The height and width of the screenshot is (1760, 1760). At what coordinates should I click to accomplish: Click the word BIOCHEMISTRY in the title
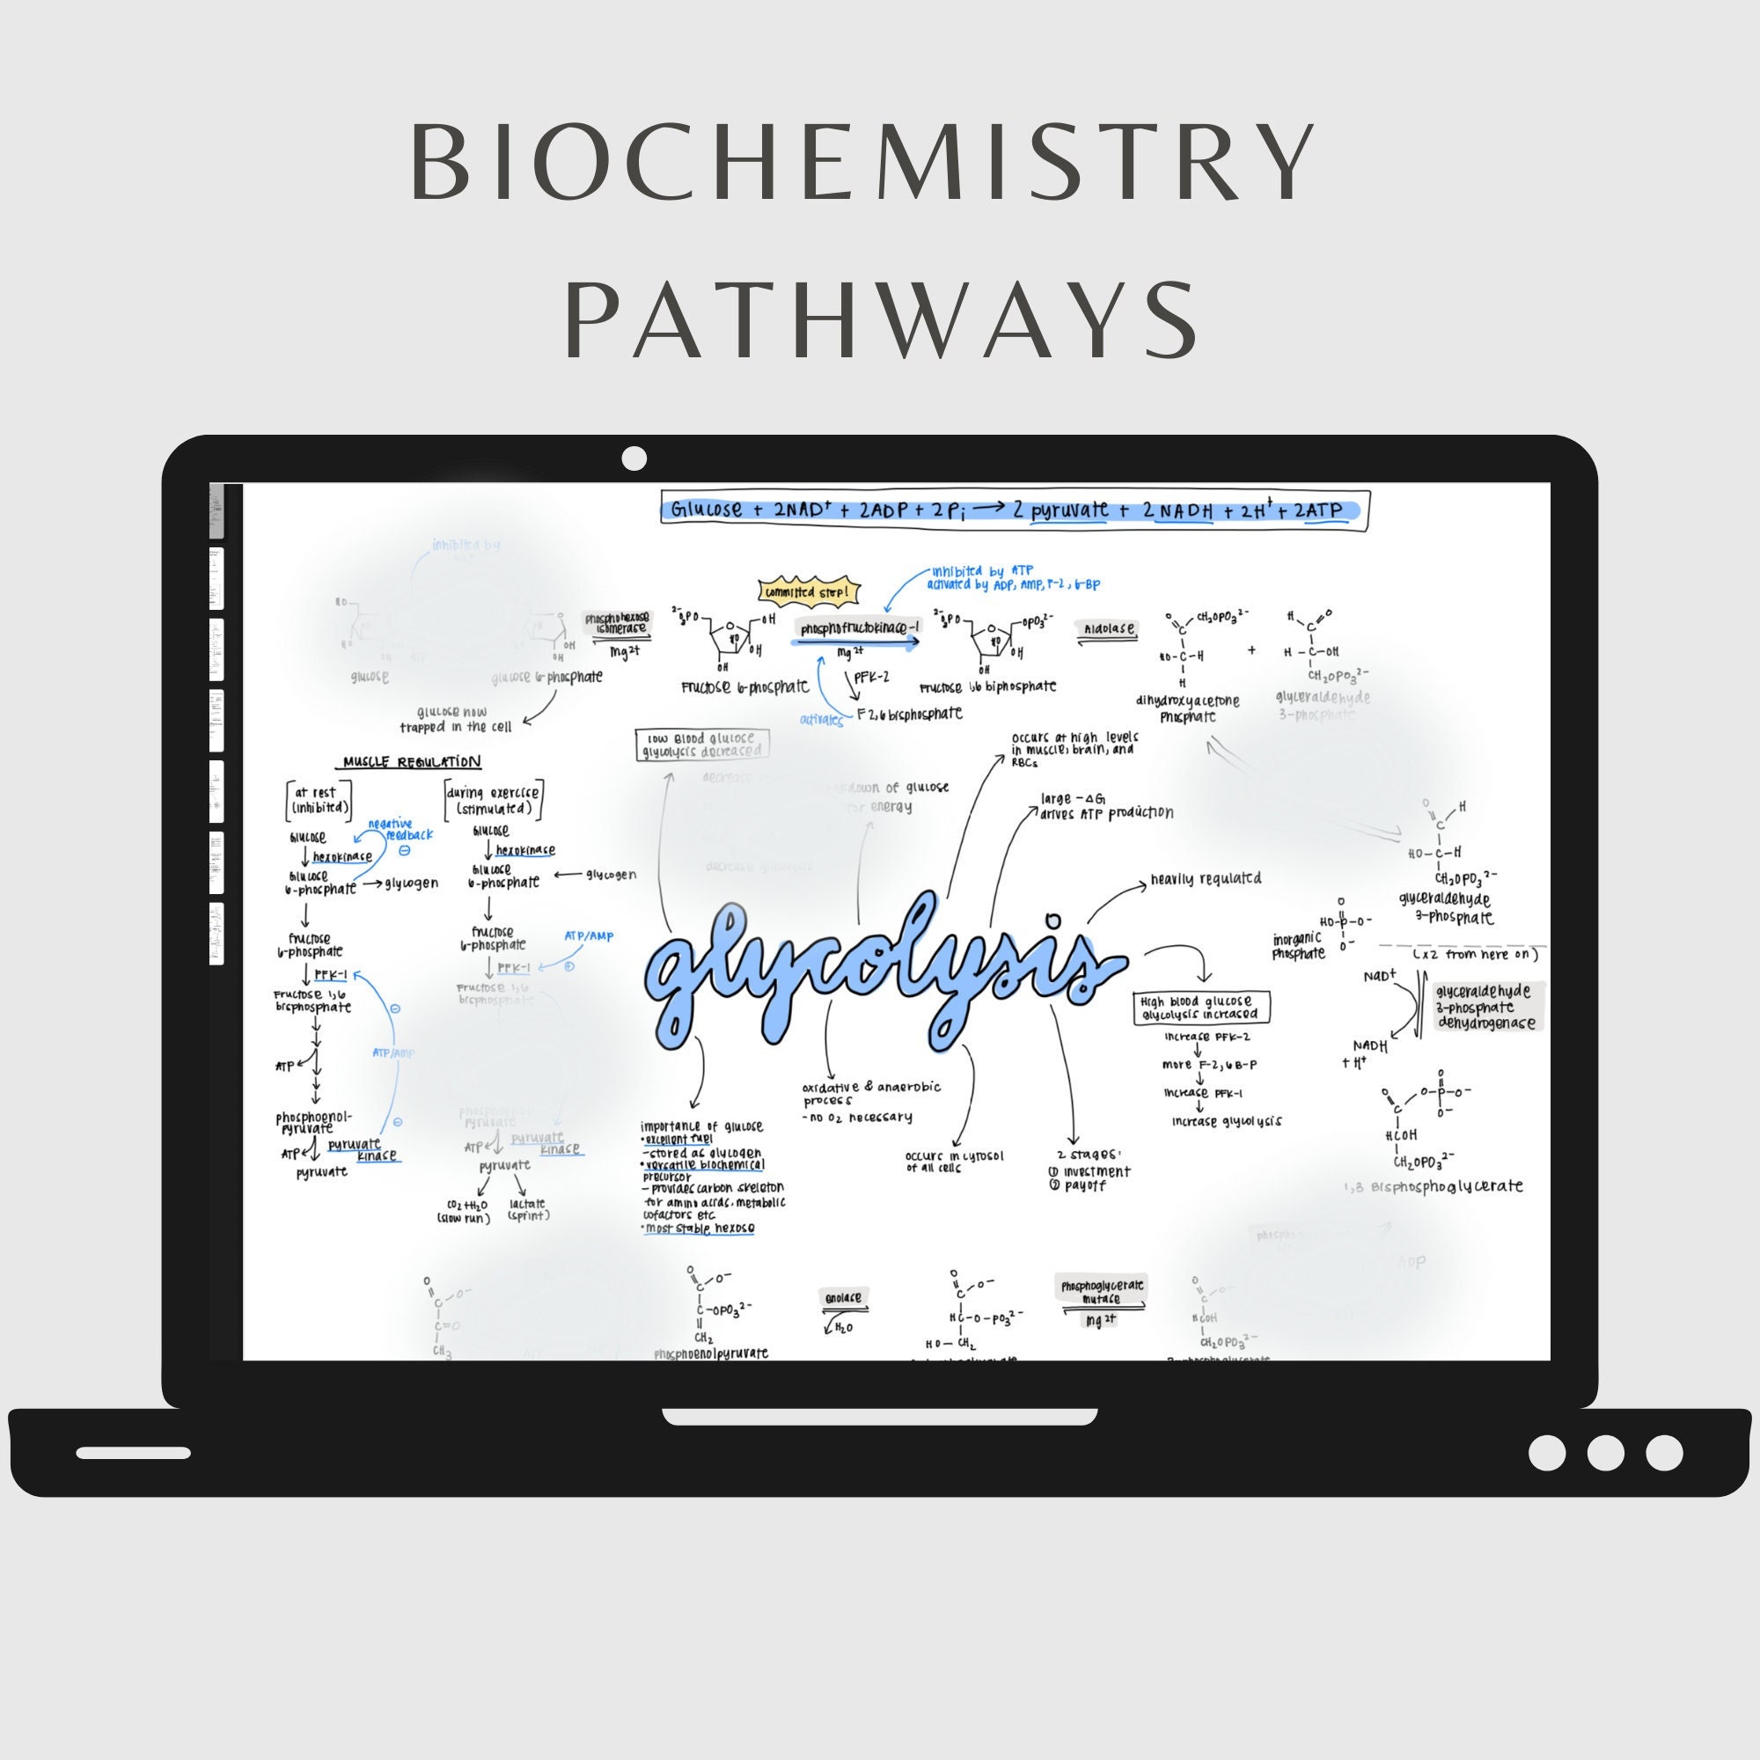pyautogui.click(x=862, y=161)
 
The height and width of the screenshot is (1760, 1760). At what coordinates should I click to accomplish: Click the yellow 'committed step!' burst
pyautogui.click(x=809, y=592)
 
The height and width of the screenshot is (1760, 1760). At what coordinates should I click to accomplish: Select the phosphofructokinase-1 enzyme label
pyautogui.click(x=859, y=628)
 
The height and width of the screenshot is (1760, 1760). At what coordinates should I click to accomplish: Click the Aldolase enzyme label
pyautogui.click(x=1109, y=627)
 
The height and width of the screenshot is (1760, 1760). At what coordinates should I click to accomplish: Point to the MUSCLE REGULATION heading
pyautogui.click(x=412, y=761)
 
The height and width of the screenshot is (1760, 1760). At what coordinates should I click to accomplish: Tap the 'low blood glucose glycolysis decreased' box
pyautogui.click(x=701, y=744)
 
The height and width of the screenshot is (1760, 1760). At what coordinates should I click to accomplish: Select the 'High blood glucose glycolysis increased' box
pyautogui.click(x=1201, y=1008)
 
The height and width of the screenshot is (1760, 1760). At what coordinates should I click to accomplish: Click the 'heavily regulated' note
pyautogui.click(x=1206, y=879)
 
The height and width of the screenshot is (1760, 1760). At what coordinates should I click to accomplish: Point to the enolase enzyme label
pyautogui.click(x=844, y=1297)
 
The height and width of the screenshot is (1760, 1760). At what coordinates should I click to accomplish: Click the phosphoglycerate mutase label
pyautogui.click(x=1103, y=1292)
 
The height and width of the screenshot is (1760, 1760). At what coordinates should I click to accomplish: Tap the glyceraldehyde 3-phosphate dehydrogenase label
pyautogui.click(x=1484, y=1007)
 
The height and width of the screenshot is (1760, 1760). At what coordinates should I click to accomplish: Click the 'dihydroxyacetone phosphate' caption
pyautogui.click(x=1187, y=708)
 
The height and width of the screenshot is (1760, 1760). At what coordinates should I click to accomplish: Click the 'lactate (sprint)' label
pyautogui.click(x=527, y=1209)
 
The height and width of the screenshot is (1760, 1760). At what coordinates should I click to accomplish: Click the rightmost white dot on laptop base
pyautogui.click(x=1663, y=1452)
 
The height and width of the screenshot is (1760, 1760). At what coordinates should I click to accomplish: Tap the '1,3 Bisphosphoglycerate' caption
pyautogui.click(x=1433, y=1186)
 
